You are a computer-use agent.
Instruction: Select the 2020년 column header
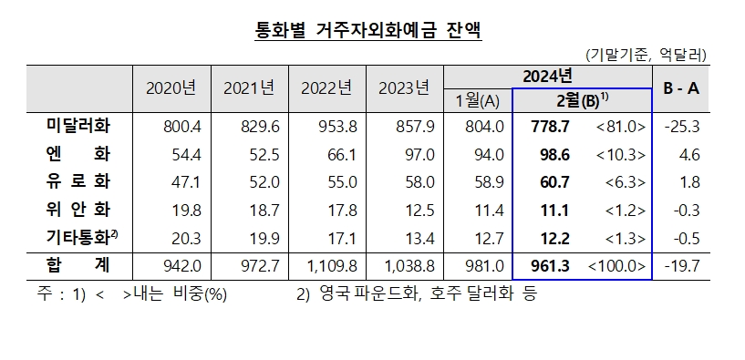tap(171, 88)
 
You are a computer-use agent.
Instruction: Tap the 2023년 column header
tap(403, 88)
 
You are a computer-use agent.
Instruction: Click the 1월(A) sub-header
tap(478, 99)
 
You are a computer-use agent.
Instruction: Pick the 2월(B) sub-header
tap(581, 99)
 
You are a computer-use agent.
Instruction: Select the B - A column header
tap(680, 88)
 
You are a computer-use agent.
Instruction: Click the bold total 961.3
tap(552, 266)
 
